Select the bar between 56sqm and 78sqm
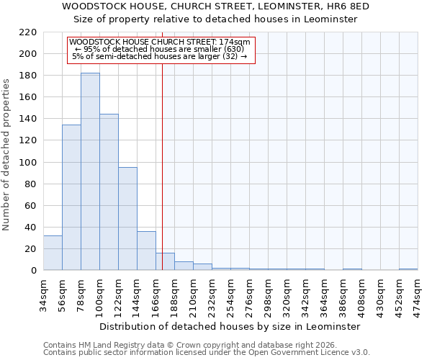click(71, 197)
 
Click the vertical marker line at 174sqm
click(162, 166)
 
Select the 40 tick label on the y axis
click(30, 228)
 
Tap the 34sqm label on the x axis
click(43, 294)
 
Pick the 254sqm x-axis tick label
click(230, 294)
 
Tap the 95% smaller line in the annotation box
click(162, 49)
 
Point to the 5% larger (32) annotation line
click(160, 56)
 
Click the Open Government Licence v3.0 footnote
click(207, 352)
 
